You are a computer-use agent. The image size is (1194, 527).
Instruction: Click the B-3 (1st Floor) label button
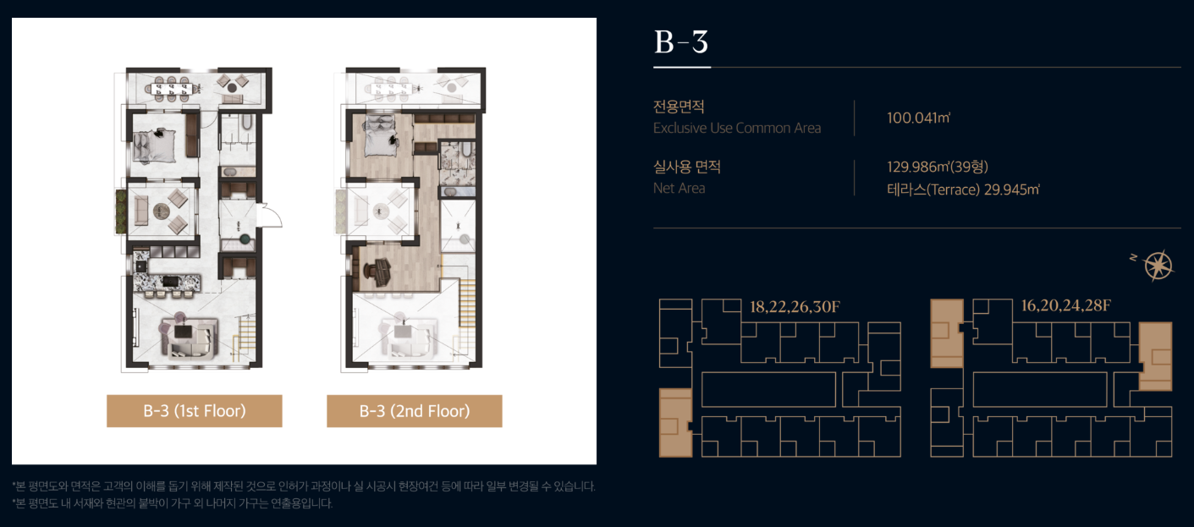coord(194,411)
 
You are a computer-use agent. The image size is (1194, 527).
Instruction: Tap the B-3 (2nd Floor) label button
coord(414,411)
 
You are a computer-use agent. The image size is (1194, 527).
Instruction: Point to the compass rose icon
coord(1158,265)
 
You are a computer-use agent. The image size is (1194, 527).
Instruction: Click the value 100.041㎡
coord(918,118)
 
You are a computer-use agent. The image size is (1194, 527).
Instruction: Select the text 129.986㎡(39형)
coord(938,167)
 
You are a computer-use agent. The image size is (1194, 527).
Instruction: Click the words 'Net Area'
coord(680,188)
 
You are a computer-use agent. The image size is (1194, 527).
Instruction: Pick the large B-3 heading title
coord(681,41)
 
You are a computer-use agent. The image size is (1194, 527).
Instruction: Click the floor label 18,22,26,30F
coord(795,307)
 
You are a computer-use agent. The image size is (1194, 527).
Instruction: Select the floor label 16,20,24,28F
coord(1066,305)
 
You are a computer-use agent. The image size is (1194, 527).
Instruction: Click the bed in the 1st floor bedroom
coord(154,145)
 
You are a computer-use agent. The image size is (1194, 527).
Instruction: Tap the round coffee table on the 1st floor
coord(162,211)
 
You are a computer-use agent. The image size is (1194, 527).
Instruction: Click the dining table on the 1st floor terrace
coord(171,89)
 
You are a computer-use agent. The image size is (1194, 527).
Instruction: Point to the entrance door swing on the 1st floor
coord(270,215)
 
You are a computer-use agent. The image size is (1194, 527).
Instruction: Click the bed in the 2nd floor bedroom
coord(379,136)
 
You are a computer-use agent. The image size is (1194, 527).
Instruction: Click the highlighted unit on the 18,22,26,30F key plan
coord(676,423)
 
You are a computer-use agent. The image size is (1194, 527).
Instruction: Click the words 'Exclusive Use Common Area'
coord(737,128)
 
